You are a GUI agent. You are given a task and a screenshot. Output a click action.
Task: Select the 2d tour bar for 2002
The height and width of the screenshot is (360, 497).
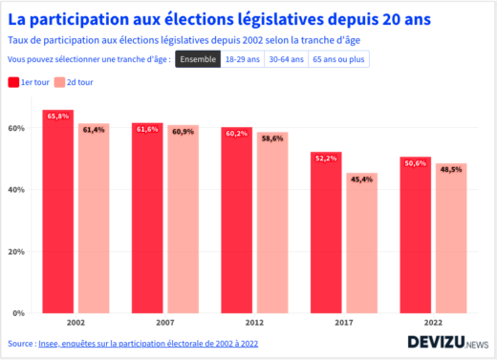tap(94, 219)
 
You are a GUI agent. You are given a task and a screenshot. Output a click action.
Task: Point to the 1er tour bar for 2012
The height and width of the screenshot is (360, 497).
tap(237, 221)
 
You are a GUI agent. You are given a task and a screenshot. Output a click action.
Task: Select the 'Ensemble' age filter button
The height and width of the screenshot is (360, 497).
tap(197, 59)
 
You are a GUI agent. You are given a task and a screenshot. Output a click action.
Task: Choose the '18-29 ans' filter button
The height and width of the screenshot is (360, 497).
tap(242, 59)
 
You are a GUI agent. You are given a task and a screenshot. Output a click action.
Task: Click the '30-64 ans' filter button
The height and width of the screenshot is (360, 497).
tap(286, 59)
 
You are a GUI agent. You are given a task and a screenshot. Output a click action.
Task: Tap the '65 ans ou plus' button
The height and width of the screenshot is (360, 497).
tap(339, 59)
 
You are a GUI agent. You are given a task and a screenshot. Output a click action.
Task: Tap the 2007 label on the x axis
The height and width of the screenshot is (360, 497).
tap(165, 322)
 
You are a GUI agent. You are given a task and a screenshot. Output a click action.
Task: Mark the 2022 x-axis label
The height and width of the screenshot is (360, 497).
tap(434, 322)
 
